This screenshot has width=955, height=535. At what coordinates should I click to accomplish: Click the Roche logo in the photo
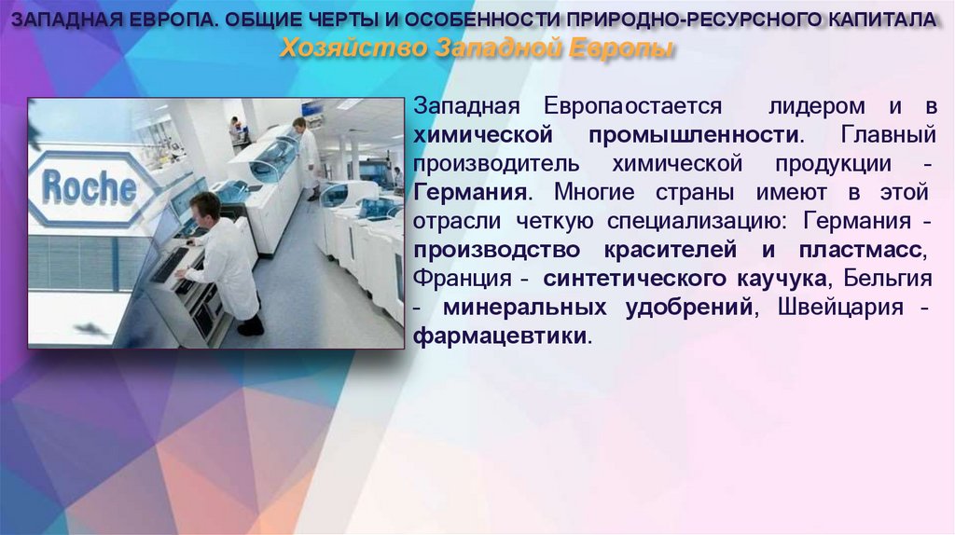point(90,187)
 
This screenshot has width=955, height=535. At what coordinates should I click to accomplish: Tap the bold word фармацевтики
point(502,336)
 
